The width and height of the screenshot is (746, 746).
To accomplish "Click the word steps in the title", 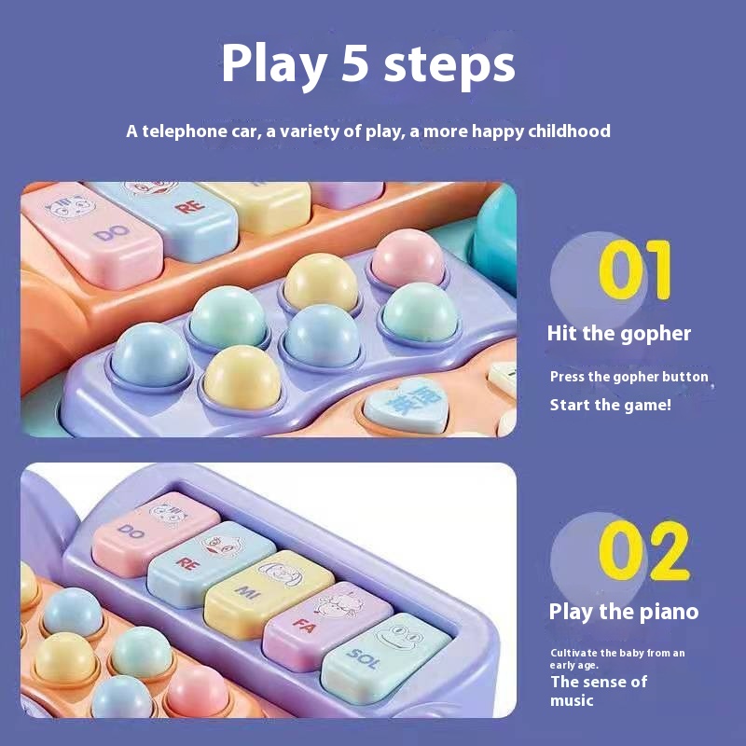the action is coord(449,65).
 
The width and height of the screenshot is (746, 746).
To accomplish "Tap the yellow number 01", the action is coord(635,269).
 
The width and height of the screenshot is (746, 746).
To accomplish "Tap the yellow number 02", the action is coord(643,550).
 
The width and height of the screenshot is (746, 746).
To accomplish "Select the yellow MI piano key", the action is coord(269,594).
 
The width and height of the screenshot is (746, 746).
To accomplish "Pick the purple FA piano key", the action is coord(328,625).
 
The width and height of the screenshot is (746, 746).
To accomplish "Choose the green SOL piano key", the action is coord(386,657).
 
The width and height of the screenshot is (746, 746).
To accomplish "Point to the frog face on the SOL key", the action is coord(399,636).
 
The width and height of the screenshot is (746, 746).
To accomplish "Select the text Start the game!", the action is coord(611,405).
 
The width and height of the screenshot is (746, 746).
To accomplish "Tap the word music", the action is coord(572,700).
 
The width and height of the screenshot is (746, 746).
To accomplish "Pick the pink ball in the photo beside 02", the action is coord(198,691).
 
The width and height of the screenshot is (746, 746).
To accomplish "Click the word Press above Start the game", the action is coord(567,377).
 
